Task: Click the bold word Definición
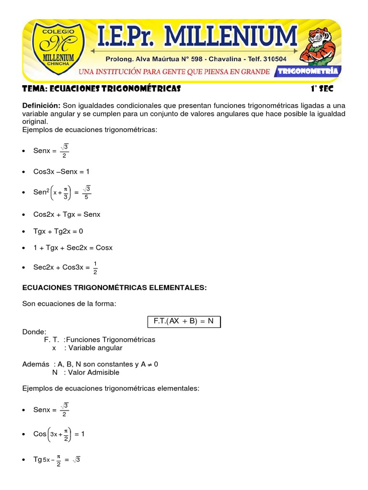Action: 41,105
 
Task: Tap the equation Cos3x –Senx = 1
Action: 61,171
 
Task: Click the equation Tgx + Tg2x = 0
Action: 58,231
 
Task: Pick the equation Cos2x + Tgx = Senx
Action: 67,214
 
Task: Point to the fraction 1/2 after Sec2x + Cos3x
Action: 95,267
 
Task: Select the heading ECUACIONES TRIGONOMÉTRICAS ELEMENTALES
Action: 115,287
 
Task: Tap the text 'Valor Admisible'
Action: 94,372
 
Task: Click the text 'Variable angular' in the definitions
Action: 96,348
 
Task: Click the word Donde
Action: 34,331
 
